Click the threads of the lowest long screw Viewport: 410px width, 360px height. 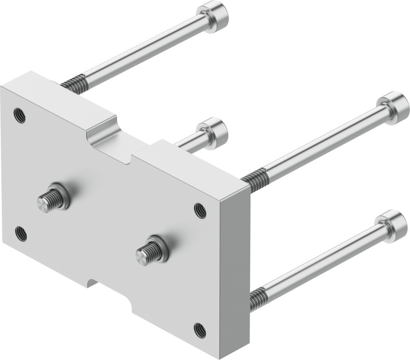pos(258,298)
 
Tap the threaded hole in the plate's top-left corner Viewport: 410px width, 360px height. pos(19,116)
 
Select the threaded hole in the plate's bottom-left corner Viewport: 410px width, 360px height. pos(21,233)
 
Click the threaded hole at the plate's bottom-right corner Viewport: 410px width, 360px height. pos(200,330)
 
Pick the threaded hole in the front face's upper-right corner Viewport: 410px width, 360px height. pos(200,210)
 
